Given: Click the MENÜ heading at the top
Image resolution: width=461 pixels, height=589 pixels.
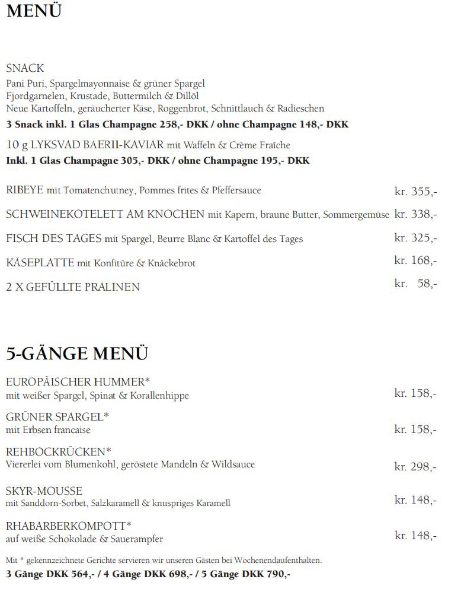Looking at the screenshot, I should coord(34,11).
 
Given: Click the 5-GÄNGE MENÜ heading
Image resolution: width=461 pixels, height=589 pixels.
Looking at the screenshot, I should coord(77,353).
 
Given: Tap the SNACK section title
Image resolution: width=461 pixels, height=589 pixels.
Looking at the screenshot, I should coord(25,68).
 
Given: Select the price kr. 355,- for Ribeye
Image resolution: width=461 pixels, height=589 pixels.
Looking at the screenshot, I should coord(415,191).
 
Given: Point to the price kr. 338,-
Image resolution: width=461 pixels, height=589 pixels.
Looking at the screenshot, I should coord(415,214).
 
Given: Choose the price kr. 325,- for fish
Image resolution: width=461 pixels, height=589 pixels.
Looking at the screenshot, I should coord(415,238).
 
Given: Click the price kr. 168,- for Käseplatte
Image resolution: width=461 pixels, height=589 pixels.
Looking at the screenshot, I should coord(415,260).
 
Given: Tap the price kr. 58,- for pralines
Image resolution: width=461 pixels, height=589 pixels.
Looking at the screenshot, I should coord(415,284).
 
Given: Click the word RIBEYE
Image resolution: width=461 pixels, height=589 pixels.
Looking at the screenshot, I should coord(25,190).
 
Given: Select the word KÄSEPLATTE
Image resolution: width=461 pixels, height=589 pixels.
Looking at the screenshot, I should coord(40,262).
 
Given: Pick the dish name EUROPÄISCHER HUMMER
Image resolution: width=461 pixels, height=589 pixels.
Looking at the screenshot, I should coord(75,381).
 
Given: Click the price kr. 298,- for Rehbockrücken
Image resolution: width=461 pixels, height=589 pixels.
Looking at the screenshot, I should coord(415,467).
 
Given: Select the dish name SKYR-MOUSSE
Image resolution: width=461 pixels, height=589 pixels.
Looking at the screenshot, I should coord(44,491).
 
